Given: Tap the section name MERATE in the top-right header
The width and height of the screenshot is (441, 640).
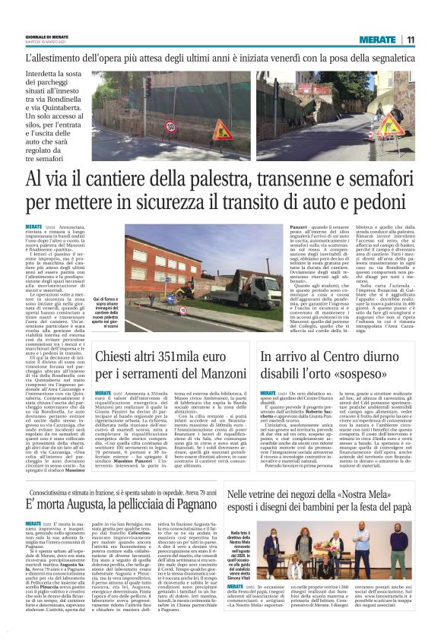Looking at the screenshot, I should [x=378, y=40].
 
